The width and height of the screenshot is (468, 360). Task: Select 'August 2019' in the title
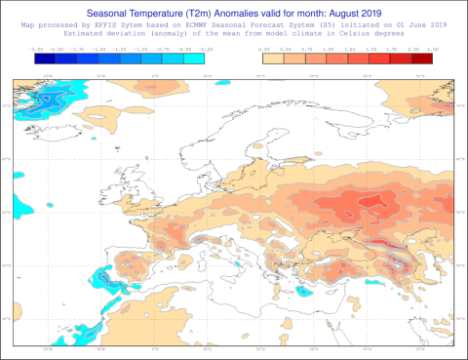click(x=350, y=13)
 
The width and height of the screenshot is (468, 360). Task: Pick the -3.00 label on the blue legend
click(x=36, y=47)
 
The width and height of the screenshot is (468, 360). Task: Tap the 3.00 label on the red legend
click(x=432, y=47)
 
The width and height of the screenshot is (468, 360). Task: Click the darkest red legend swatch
click(x=421, y=57)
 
